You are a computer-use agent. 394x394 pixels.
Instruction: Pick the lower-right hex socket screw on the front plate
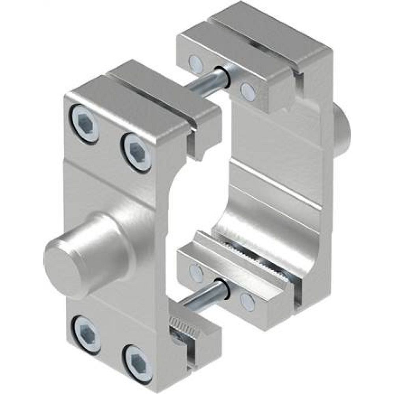pos(139,362)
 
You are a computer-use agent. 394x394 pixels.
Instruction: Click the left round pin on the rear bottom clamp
pos(196,271)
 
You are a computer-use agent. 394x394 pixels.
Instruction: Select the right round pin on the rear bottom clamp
pos(248,301)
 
